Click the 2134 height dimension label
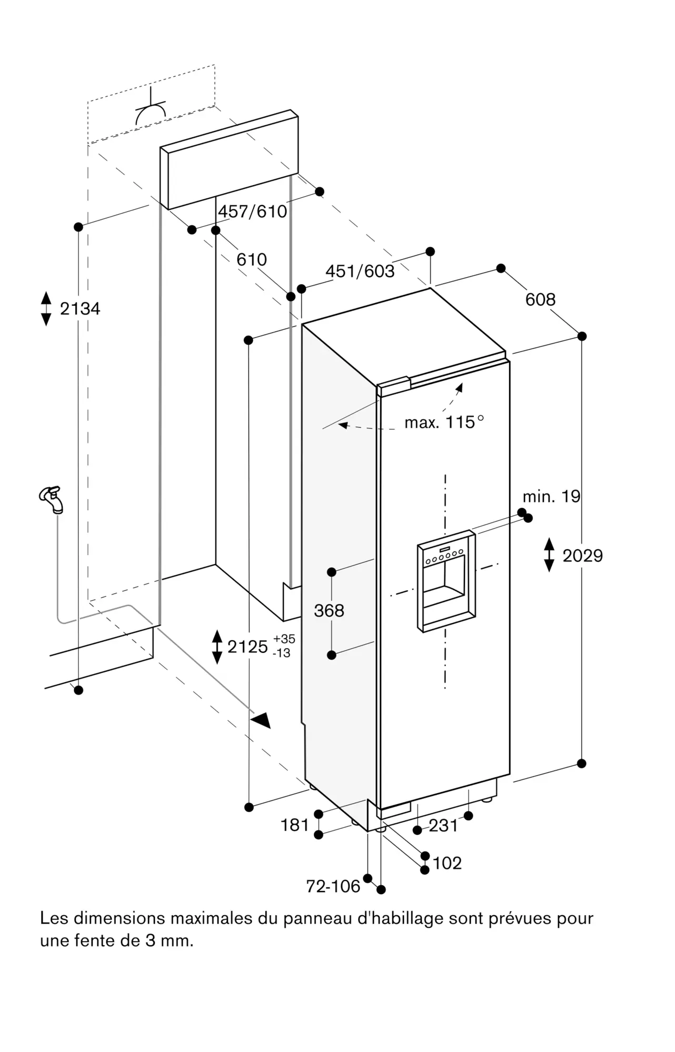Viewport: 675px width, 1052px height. pos(80,308)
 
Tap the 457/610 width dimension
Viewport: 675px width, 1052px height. pos(253,211)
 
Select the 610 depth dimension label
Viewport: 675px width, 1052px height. pos(252,259)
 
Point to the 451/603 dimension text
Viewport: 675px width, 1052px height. pos(360,271)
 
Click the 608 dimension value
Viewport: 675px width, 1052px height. pos(540,299)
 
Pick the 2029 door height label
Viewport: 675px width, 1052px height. pos(583,555)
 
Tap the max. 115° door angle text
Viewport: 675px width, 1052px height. pos(444,422)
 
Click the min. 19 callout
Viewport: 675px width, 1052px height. pos(551,496)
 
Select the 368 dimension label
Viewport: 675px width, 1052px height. pos(329,610)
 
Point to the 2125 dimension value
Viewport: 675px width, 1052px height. pos(247,646)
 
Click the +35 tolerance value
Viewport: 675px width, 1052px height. pos(284,639)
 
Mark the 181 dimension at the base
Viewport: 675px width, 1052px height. pos(294,825)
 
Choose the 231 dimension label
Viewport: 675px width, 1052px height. pos(443,825)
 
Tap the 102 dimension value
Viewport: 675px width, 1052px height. pos(447,863)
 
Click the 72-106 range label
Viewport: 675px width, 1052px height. pos(333,886)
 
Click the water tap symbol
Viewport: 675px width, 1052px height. pos(52,499)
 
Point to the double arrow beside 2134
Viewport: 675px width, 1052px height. pos(46,308)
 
